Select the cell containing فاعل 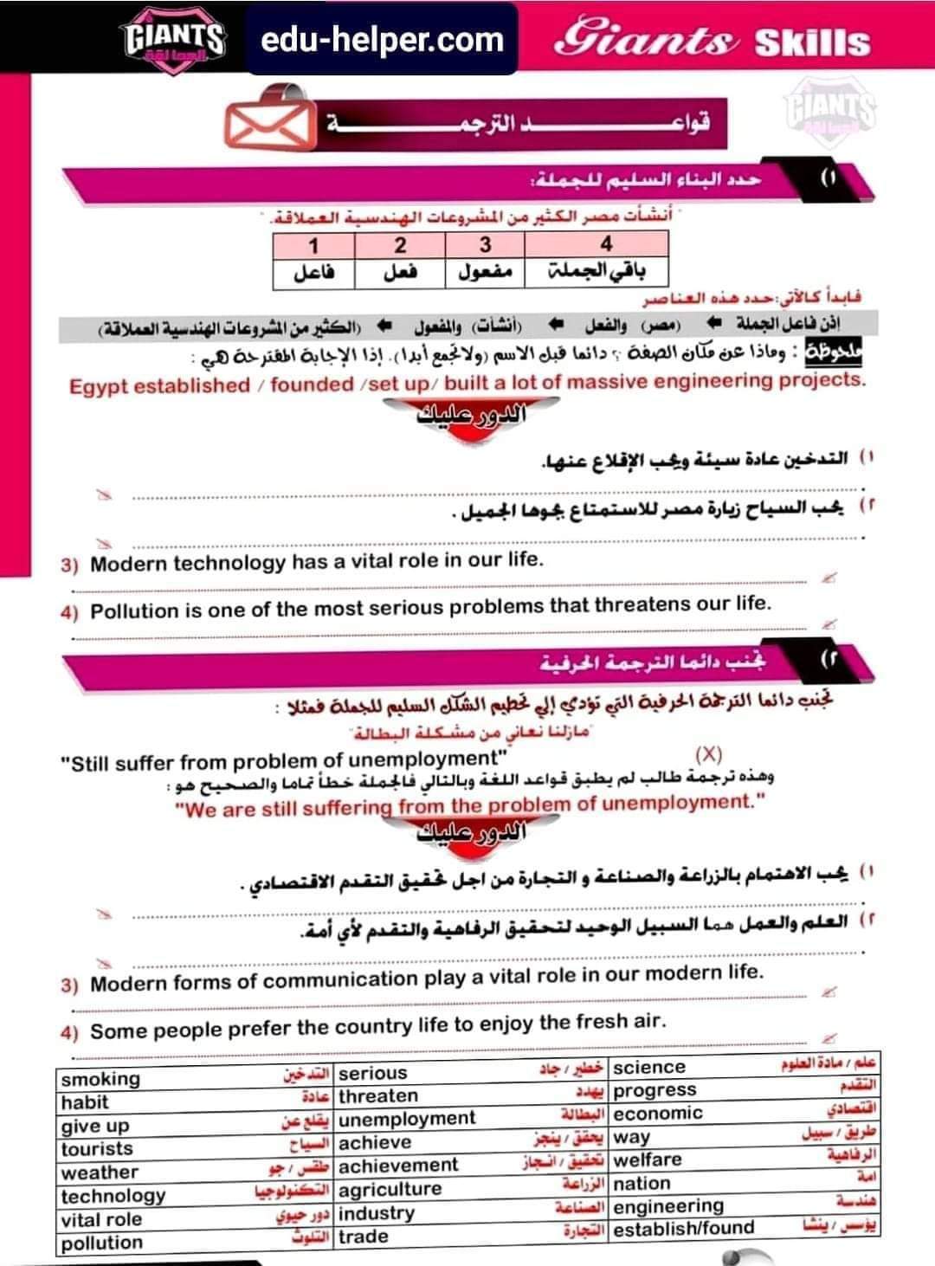tap(313, 273)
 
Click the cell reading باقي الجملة tap(606, 273)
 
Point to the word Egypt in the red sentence tap(99, 386)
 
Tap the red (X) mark tap(708, 755)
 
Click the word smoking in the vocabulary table tap(100, 1079)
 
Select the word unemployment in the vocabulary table tap(407, 1119)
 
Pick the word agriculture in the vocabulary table tap(390, 1189)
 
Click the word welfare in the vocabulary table tap(648, 1159)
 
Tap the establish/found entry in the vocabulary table tap(684, 1229)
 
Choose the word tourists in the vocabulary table tap(97, 1149)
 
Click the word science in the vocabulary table tap(649, 1068)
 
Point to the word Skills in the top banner tap(812, 42)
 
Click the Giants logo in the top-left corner tap(175, 39)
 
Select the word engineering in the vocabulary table tap(668, 1206)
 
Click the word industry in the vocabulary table tap(377, 1213)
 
